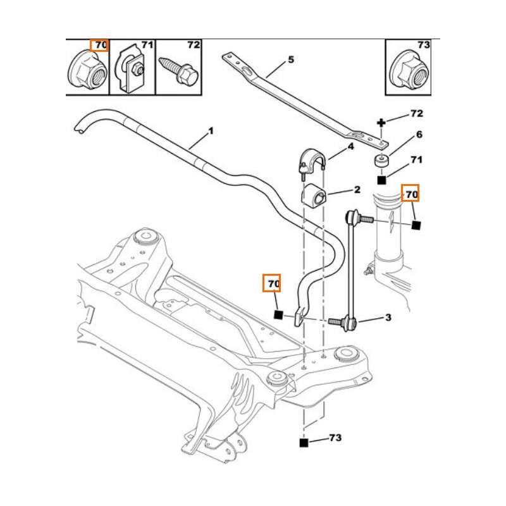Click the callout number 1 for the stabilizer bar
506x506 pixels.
211,132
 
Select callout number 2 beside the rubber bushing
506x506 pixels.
357,189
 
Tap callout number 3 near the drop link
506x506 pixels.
388,317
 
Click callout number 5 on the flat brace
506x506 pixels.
290,60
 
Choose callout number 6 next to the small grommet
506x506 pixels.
419,135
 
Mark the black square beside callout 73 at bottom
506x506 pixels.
304,442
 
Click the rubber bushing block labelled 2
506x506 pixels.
314,195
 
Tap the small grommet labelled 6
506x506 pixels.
381,160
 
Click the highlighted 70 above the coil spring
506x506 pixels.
412,194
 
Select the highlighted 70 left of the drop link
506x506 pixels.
273,285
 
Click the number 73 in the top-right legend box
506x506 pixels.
424,45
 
